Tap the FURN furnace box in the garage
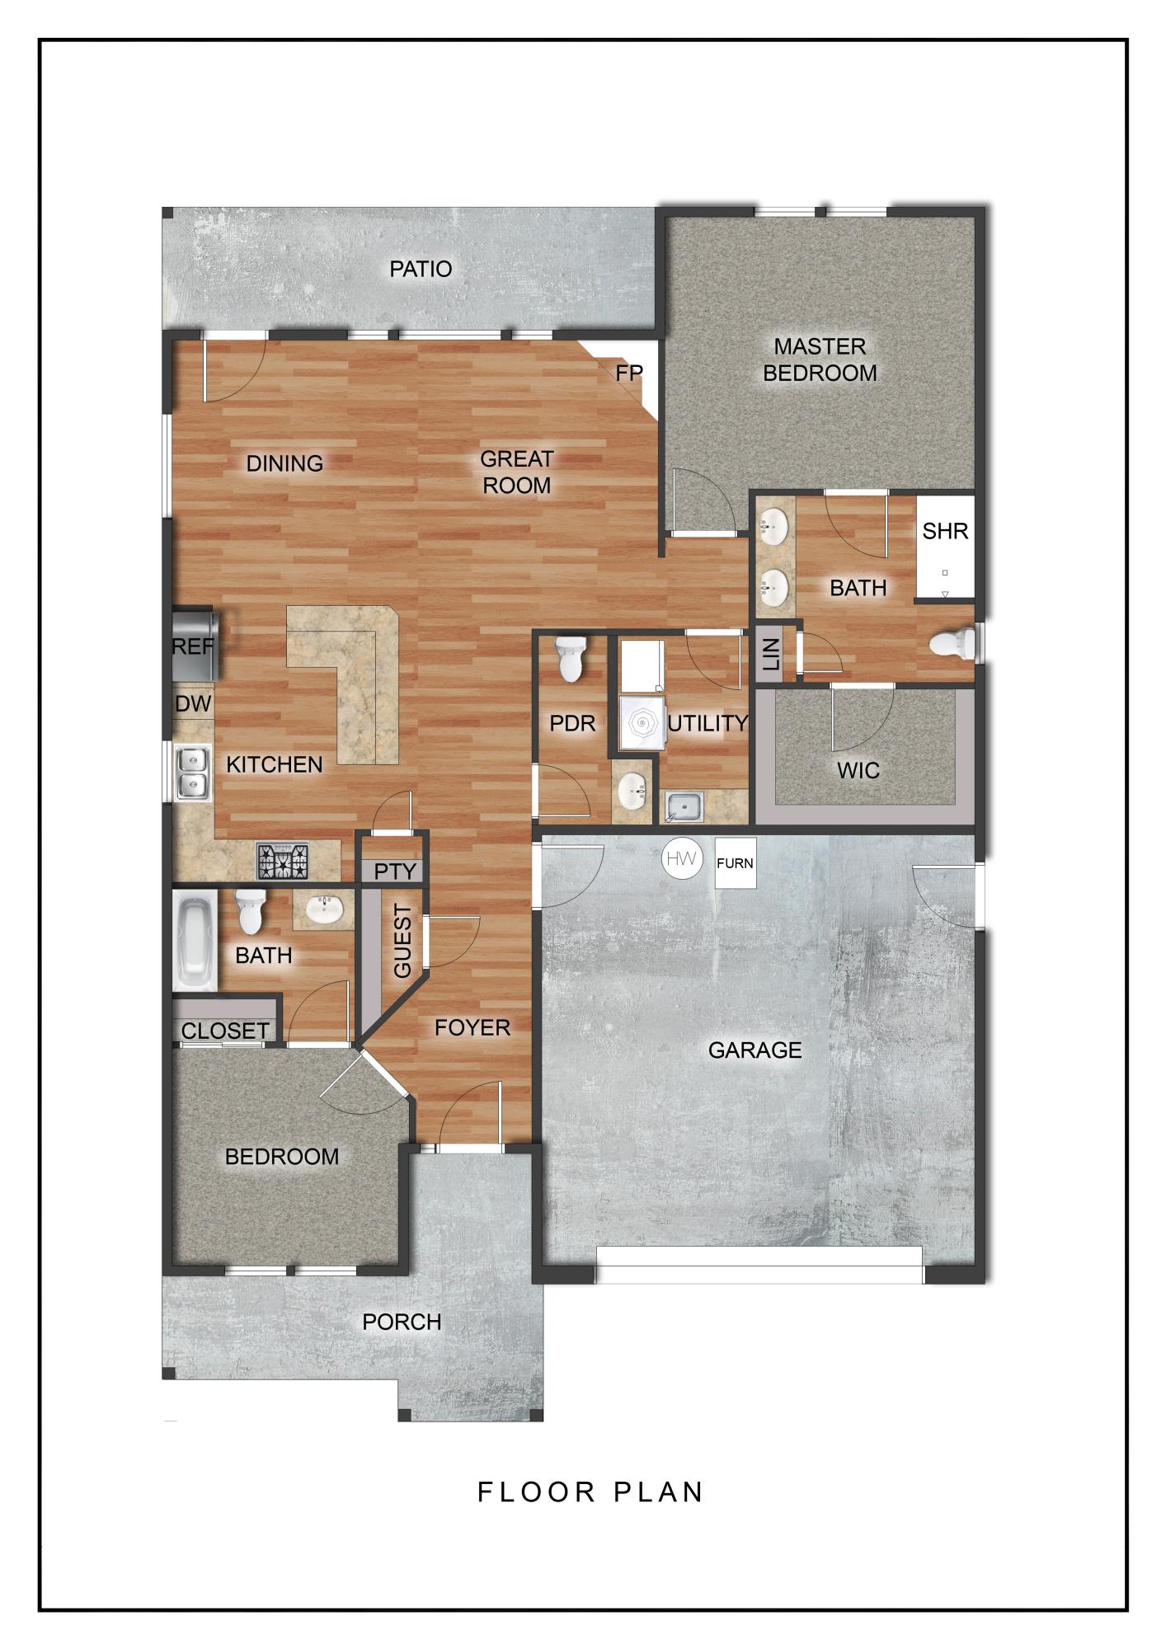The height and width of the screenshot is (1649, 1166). pos(735,863)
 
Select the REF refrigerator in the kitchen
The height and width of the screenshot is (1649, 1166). pos(194,646)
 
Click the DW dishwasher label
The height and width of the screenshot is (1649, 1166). pos(193,704)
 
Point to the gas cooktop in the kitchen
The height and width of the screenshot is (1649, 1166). pos(282,862)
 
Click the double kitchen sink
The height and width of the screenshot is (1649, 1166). pos(190,772)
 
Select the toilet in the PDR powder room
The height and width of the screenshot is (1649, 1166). pos(571,659)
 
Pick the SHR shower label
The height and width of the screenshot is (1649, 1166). pos(945,531)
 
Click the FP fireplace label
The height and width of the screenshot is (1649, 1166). pos(628,373)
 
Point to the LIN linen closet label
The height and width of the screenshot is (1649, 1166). pos(771,655)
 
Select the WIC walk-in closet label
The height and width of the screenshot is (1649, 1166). pos(858,771)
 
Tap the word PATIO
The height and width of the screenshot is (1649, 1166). pos(421,269)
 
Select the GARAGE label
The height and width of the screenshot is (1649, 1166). pos(755,1050)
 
